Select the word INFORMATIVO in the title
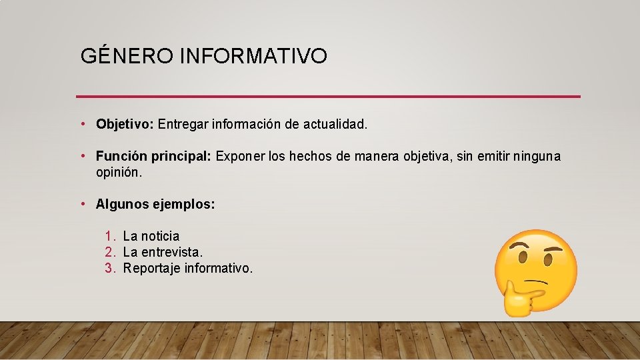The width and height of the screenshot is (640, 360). [253, 56]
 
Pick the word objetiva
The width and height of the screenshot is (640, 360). [425, 157]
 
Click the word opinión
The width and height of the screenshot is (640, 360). [119, 172]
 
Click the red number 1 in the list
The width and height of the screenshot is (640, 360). [109, 236]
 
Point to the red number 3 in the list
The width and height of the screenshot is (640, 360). [109, 268]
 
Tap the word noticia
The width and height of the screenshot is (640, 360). [161, 236]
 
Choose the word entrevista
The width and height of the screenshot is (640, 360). [172, 252]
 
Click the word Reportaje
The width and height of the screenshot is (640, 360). [151, 268]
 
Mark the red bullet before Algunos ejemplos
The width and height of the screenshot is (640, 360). [82, 204]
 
